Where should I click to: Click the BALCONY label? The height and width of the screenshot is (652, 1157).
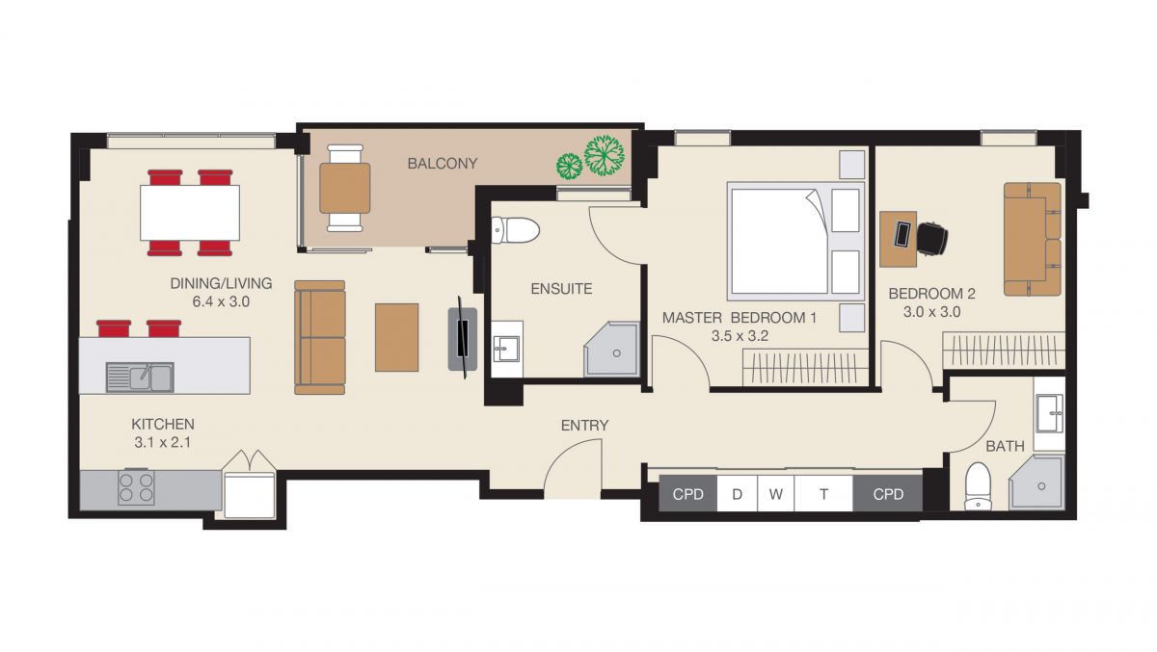click(443, 164)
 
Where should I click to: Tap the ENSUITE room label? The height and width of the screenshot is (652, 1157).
click(561, 289)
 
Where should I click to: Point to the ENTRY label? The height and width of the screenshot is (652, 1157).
click(584, 426)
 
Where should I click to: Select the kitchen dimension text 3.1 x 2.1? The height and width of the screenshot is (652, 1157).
click(163, 443)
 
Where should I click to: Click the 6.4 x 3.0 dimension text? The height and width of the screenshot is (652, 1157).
click(221, 301)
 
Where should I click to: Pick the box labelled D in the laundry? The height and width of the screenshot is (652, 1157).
click(737, 494)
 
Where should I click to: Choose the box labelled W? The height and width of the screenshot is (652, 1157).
click(775, 494)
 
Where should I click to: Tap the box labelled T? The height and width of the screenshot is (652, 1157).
click(823, 494)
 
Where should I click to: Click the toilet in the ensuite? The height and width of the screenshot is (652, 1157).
click(515, 230)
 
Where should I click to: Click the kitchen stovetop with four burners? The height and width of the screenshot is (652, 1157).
click(136, 488)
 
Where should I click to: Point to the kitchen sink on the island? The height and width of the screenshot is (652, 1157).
click(140, 378)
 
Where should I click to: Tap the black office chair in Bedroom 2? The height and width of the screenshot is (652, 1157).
click(932, 239)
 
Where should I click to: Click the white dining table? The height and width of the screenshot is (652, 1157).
click(190, 213)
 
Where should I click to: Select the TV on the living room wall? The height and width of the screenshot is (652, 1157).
click(463, 338)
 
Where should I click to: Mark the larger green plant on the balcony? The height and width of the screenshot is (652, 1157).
click(605, 155)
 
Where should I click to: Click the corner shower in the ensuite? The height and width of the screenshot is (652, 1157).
click(612, 350)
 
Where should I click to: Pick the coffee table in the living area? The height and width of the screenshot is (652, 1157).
click(396, 337)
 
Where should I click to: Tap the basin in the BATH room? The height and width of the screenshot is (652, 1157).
click(1050, 413)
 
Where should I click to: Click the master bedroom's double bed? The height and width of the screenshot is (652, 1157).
click(795, 241)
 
